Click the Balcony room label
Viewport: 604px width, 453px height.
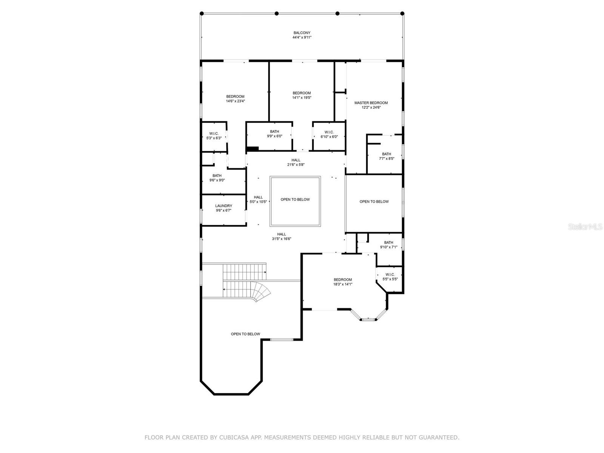[x=302, y=33]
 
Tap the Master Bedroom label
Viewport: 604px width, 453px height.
[x=371, y=103]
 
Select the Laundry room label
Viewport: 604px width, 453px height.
[x=223, y=206]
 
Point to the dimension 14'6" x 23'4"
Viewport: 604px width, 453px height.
[x=235, y=101]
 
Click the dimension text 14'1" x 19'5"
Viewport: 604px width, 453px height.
[x=302, y=97]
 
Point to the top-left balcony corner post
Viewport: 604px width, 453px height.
[x=202, y=14]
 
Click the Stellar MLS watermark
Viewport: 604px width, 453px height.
[x=585, y=226]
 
